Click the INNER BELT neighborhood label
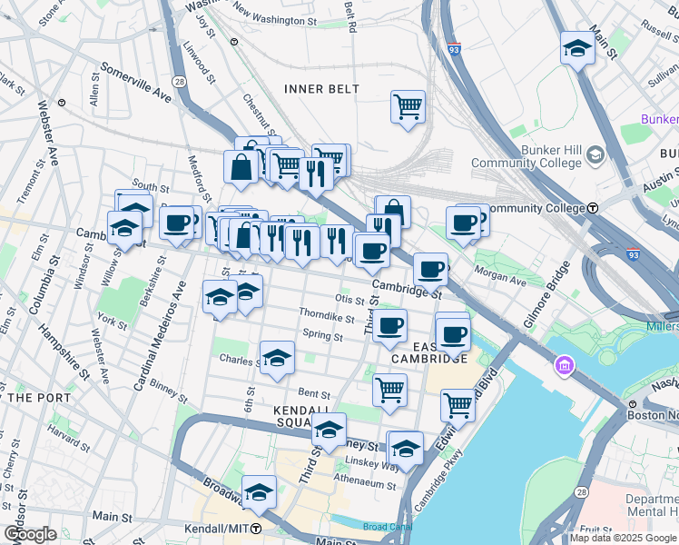click(321, 89)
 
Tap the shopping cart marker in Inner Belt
click(408, 107)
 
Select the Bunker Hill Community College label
click(526, 156)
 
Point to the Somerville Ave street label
click(135, 81)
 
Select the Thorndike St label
click(326, 317)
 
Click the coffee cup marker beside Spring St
click(389, 326)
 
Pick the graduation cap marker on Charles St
click(277, 358)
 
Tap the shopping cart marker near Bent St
click(389, 390)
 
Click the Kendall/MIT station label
click(222, 528)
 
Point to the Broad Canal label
click(387, 526)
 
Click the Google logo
click(30, 534)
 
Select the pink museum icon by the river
click(565, 366)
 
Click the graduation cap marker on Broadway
click(259, 491)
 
